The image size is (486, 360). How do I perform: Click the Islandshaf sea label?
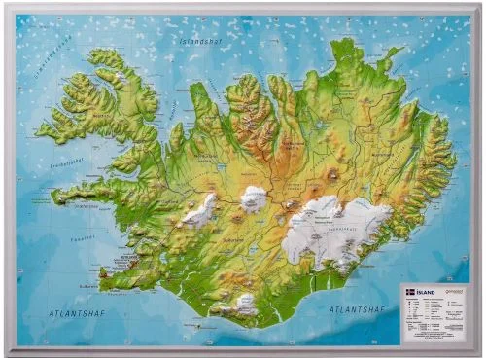click(x=201, y=42)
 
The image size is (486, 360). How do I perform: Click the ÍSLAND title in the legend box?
click(x=429, y=290)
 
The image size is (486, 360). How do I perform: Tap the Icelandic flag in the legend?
click(x=410, y=290)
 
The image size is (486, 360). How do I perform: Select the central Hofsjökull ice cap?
click(x=254, y=198)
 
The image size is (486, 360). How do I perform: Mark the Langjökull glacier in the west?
click(x=201, y=209)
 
